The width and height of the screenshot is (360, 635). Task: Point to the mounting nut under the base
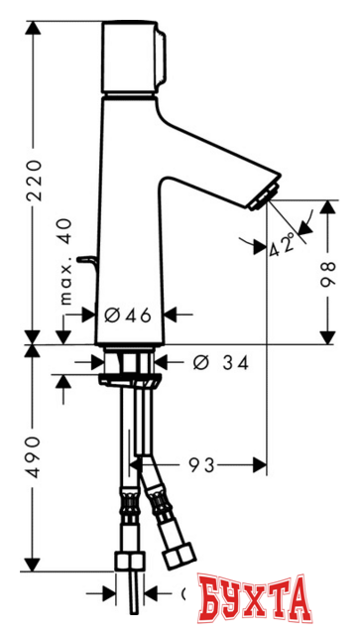click(130, 377)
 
